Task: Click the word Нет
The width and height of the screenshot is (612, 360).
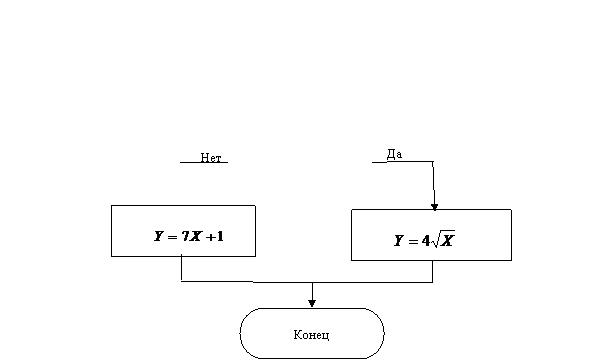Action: coord(211,157)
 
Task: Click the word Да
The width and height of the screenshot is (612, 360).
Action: coord(394,154)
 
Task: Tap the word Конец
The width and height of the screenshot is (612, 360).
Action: coord(311,335)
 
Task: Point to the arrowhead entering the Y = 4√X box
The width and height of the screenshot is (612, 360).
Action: coord(434,207)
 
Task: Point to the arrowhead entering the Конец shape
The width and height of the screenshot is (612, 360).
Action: coord(312,303)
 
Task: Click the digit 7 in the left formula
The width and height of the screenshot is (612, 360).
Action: coord(185,236)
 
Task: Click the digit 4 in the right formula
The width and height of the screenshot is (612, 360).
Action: coord(426,241)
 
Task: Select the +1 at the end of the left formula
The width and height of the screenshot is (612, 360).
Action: coord(214,236)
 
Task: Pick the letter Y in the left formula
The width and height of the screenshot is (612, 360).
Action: coord(158,236)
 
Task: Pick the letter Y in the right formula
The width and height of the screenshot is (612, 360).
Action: coord(399,241)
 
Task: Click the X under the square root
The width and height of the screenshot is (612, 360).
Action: coord(447,241)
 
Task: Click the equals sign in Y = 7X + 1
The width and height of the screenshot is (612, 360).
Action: coord(172,237)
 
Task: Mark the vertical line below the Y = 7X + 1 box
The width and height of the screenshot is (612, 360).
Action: coord(181,268)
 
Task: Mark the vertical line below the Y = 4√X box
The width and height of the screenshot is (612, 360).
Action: coord(432,271)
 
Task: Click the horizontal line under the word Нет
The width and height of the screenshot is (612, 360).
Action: coord(204,162)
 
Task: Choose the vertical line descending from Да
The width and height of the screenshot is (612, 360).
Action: coord(434,183)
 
